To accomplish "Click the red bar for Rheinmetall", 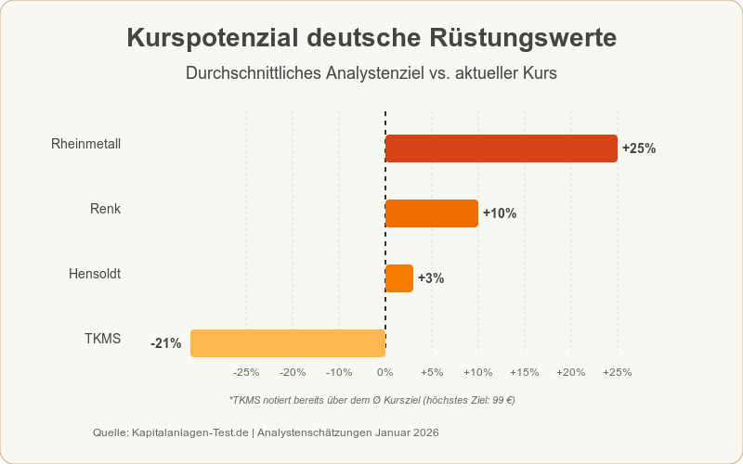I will tap(502, 148).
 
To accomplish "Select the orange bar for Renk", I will tap(432, 213).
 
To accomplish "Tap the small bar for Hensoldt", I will tap(399, 278).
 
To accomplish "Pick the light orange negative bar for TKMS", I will tap(288, 343).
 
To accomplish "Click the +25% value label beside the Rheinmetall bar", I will tap(639, 148).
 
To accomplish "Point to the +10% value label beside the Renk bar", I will tap(500, 213).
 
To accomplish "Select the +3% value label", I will tap(431, 278).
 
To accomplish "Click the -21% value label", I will tap(166, 343).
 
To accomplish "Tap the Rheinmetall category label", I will tap(85, 144).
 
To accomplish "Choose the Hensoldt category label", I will tap(95, 274).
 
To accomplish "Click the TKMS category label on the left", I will tap(102, 339).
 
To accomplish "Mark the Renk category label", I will tap(105, 209).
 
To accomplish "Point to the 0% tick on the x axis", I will tap(385, 372).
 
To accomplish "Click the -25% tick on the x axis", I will tap(246, 372).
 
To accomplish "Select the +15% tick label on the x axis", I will tap(524, 372).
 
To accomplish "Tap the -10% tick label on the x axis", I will tap(338, 372).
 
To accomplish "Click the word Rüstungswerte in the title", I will tap(523, 39).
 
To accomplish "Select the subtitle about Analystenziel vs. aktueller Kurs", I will tap(371, 73).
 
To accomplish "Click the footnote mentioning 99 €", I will tap(371, 400).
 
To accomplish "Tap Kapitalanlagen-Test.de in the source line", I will tap(191, 432).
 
